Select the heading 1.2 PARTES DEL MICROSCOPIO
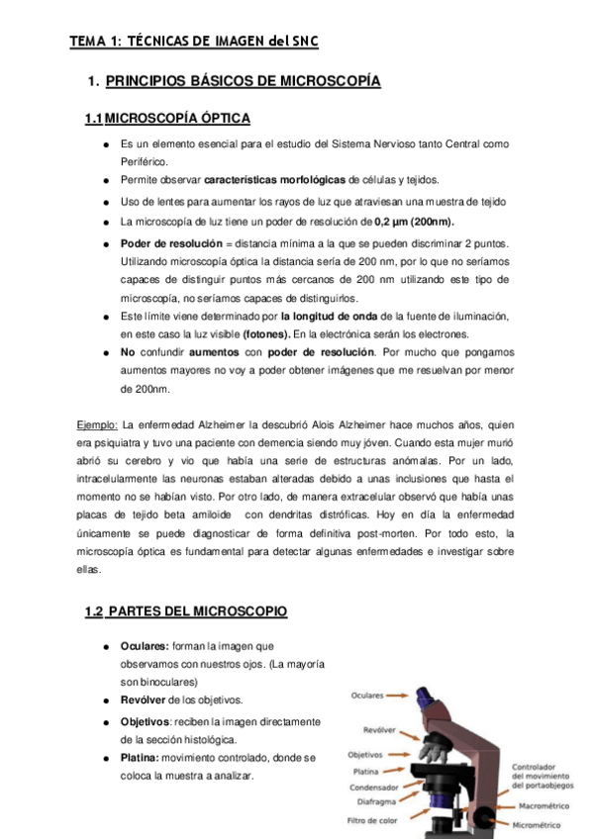pyautogui.click(x=186, y=612)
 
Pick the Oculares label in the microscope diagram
pyautogui.click(x=367, y=696)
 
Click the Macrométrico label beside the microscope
pyautogui.click(x=544, y=805)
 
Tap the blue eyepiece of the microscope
pyautogui.click(x=430, y=697)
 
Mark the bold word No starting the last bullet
pyautogui.click(x=128, y=352)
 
